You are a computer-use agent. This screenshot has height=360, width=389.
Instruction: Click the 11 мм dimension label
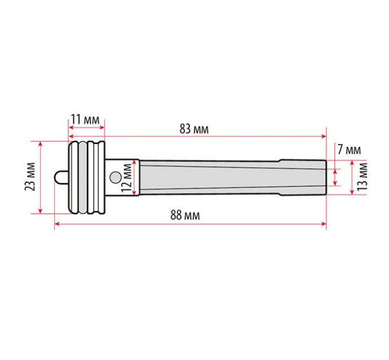[x=85, y=119]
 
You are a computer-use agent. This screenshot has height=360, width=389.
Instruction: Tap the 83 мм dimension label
[x=194, y=129]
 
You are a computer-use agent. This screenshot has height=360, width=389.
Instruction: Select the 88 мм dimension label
[x=185, y=215]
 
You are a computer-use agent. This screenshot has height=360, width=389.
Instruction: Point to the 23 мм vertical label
[x=30, y=177]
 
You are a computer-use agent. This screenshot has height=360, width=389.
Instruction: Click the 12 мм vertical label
[x=126, y=178]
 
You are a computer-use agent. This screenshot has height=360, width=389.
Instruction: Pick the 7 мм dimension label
[x=350, y=150]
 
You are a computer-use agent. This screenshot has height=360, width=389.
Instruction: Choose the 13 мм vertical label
[x=362, y=177]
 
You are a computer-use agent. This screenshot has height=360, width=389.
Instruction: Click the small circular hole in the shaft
[x=116, y=177]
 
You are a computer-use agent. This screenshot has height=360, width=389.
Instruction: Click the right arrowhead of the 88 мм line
[x=324, y=224]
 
